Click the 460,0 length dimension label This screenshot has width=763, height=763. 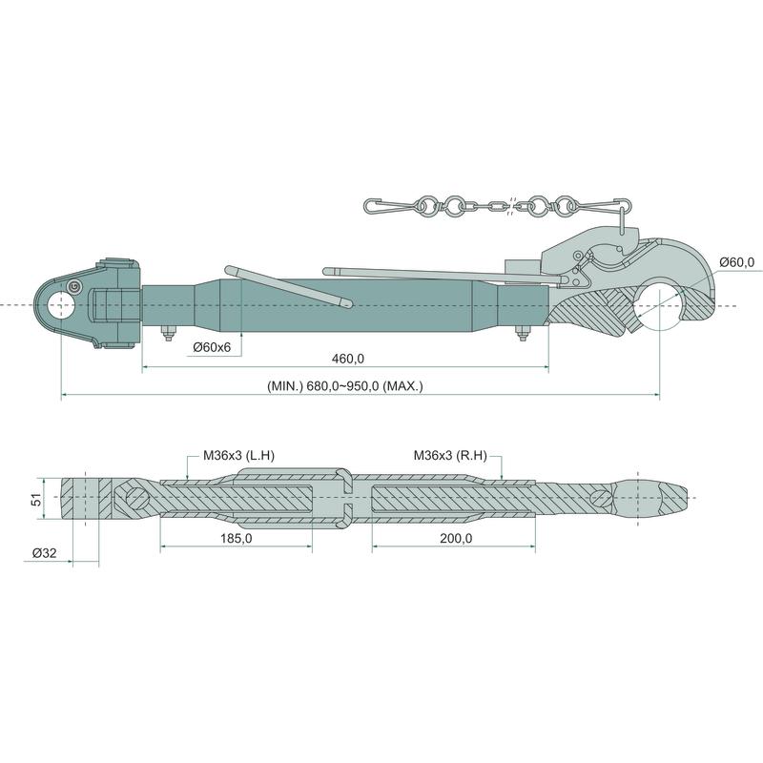tap(347, 359)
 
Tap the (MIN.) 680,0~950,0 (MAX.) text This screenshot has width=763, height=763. tap(345, 386)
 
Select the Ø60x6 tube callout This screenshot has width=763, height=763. tap(212, 347)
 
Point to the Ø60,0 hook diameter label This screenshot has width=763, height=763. tap(737, 262)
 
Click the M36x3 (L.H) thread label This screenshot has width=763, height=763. tap(239, 456)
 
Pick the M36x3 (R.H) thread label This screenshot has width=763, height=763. tap(450, 456)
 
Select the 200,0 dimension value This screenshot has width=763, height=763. tap(456, 539)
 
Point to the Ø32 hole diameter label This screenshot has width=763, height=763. tap(44, 553)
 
